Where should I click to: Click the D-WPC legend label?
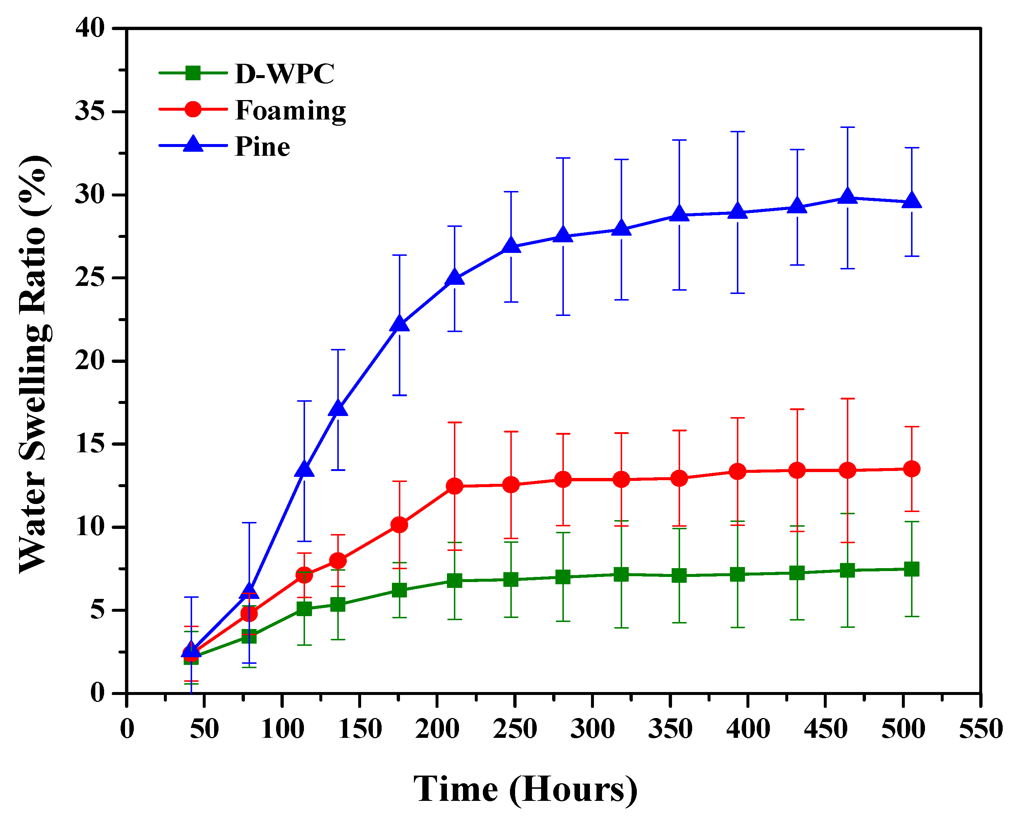pos(285,74)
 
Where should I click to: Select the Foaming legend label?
pos(290,111)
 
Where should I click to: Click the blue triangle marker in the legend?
pos(193,144)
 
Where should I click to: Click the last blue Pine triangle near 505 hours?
pos(912,201)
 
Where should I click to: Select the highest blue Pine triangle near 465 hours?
pos(847,196)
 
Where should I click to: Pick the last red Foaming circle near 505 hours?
pos(912,469)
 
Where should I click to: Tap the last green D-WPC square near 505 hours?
pos(912,569)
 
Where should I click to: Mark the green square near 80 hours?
pos(249,636)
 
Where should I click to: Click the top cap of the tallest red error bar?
pos(847,399)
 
